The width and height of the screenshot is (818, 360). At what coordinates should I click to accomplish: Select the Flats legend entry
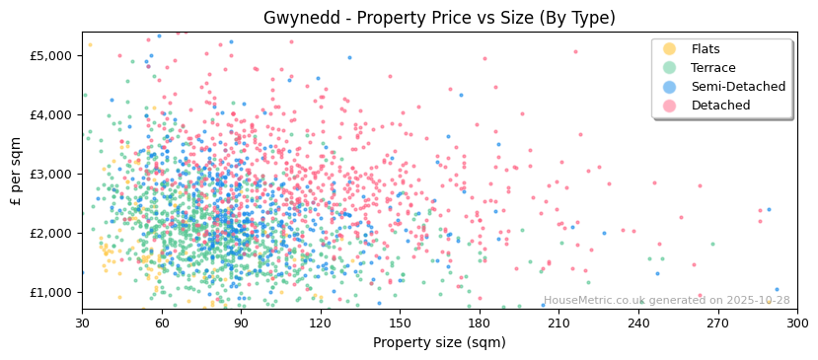point(706,49)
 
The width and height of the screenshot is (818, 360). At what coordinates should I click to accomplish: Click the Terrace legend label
point(710,68)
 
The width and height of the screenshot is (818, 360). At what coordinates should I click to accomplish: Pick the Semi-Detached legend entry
point(738,87)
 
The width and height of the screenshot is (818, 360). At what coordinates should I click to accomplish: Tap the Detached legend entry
point(720,106)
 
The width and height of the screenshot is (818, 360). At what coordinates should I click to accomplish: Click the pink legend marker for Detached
point(670,106)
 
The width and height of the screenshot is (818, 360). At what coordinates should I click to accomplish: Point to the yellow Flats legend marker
point(670,49)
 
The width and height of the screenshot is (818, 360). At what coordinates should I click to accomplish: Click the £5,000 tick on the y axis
point(51,55)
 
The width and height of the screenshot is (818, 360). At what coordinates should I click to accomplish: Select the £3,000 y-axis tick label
point(51,174)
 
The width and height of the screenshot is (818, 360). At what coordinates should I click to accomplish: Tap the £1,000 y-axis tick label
point(51,292)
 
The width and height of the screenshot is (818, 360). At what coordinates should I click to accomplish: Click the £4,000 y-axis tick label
point(51,114)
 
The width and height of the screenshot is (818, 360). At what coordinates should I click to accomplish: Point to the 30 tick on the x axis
point(82,323)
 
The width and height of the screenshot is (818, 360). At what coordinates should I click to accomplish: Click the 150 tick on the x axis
point(400,323)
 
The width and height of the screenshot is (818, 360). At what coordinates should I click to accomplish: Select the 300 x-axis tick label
point(797,323)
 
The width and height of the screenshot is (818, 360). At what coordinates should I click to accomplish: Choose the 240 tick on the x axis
point(638,323)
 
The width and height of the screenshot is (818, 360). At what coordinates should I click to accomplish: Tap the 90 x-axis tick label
point(241,323)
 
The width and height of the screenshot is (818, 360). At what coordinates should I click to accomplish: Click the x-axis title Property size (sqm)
point(439,342)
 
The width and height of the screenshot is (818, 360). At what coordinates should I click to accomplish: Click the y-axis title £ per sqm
point(16,174)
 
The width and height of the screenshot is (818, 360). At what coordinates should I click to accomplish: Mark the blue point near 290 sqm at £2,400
point(769,209)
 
